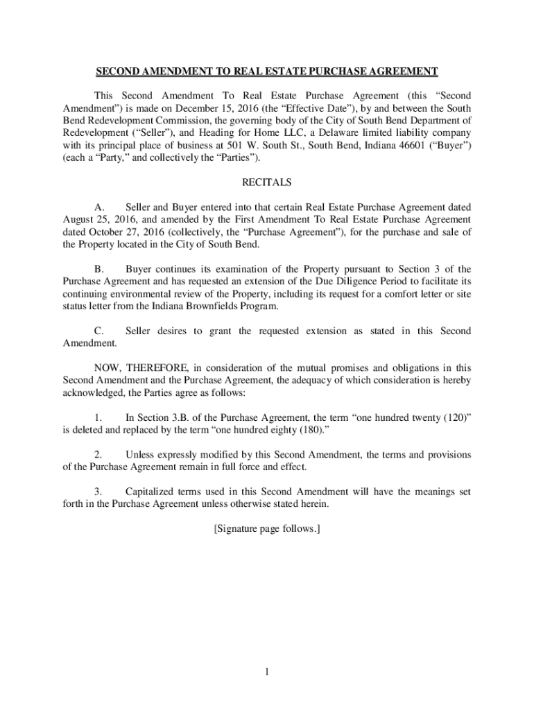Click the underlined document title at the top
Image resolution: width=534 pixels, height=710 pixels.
(x=266, y=71)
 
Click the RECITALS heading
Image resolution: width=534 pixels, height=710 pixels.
(x=266, y=183)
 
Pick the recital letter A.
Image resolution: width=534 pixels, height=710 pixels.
(x=99, y=207)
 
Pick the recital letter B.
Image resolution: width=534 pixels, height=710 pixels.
(x=99, y=269)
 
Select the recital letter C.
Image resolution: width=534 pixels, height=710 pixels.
(x=99, y=331)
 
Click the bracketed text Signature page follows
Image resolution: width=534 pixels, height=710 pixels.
(x=266, y=529)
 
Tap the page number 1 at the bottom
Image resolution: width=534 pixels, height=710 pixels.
(x=267, y=672)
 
